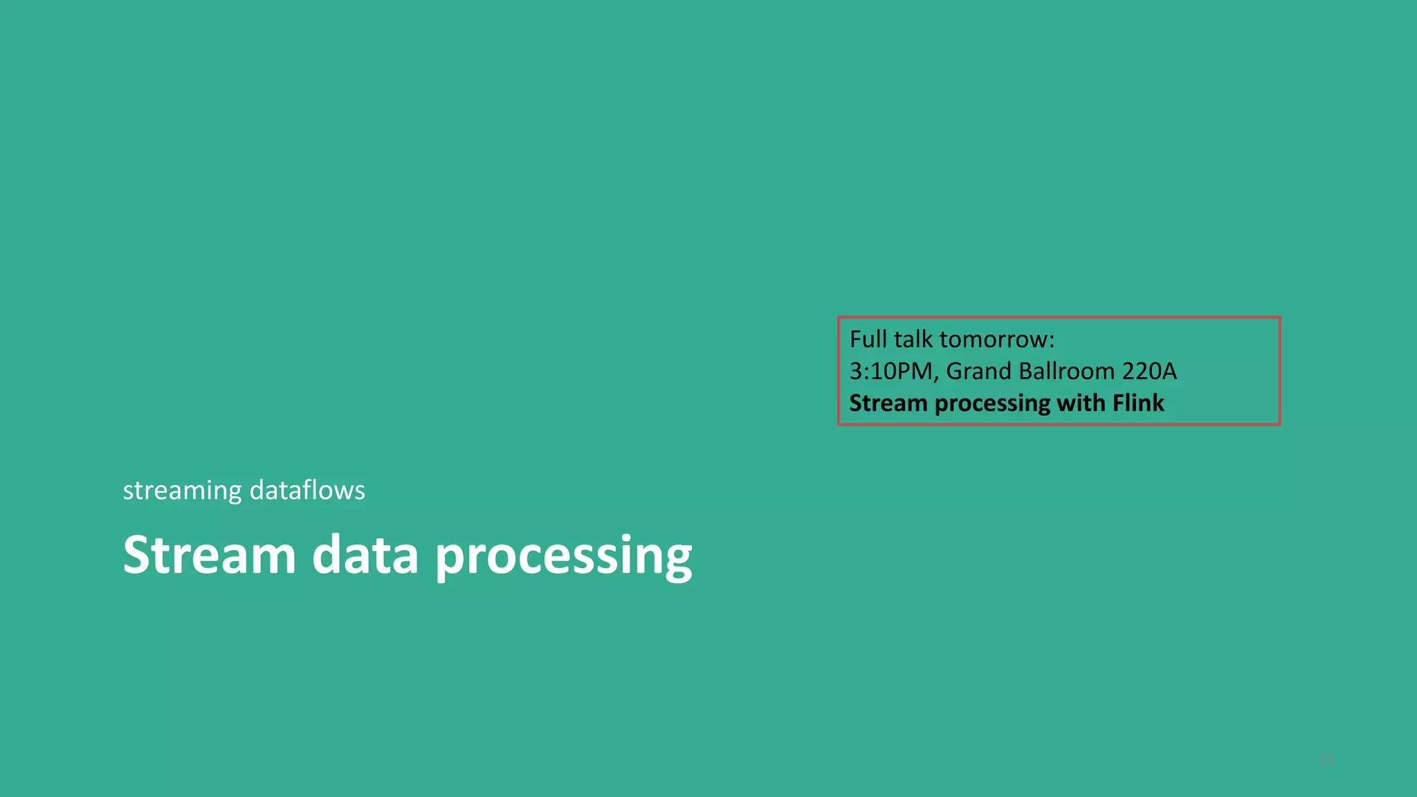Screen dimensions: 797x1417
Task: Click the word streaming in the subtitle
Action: [182, 491]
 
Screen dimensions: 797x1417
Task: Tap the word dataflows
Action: [307, 491]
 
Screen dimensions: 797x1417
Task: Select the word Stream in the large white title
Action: [210, 555]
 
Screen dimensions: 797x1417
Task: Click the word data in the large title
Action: [365, 555]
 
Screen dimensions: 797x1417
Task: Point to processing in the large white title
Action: [563, 558]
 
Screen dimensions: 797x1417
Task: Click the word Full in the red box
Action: [868, 339]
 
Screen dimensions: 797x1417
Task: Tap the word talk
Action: [913, 339]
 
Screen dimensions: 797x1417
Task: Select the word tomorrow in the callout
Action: [993, 340]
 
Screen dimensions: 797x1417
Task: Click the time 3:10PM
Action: [891, 372]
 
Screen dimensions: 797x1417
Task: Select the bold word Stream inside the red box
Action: [888, 403]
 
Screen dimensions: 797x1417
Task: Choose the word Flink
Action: [1138, 403]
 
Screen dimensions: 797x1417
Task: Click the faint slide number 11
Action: [1326, 761]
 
